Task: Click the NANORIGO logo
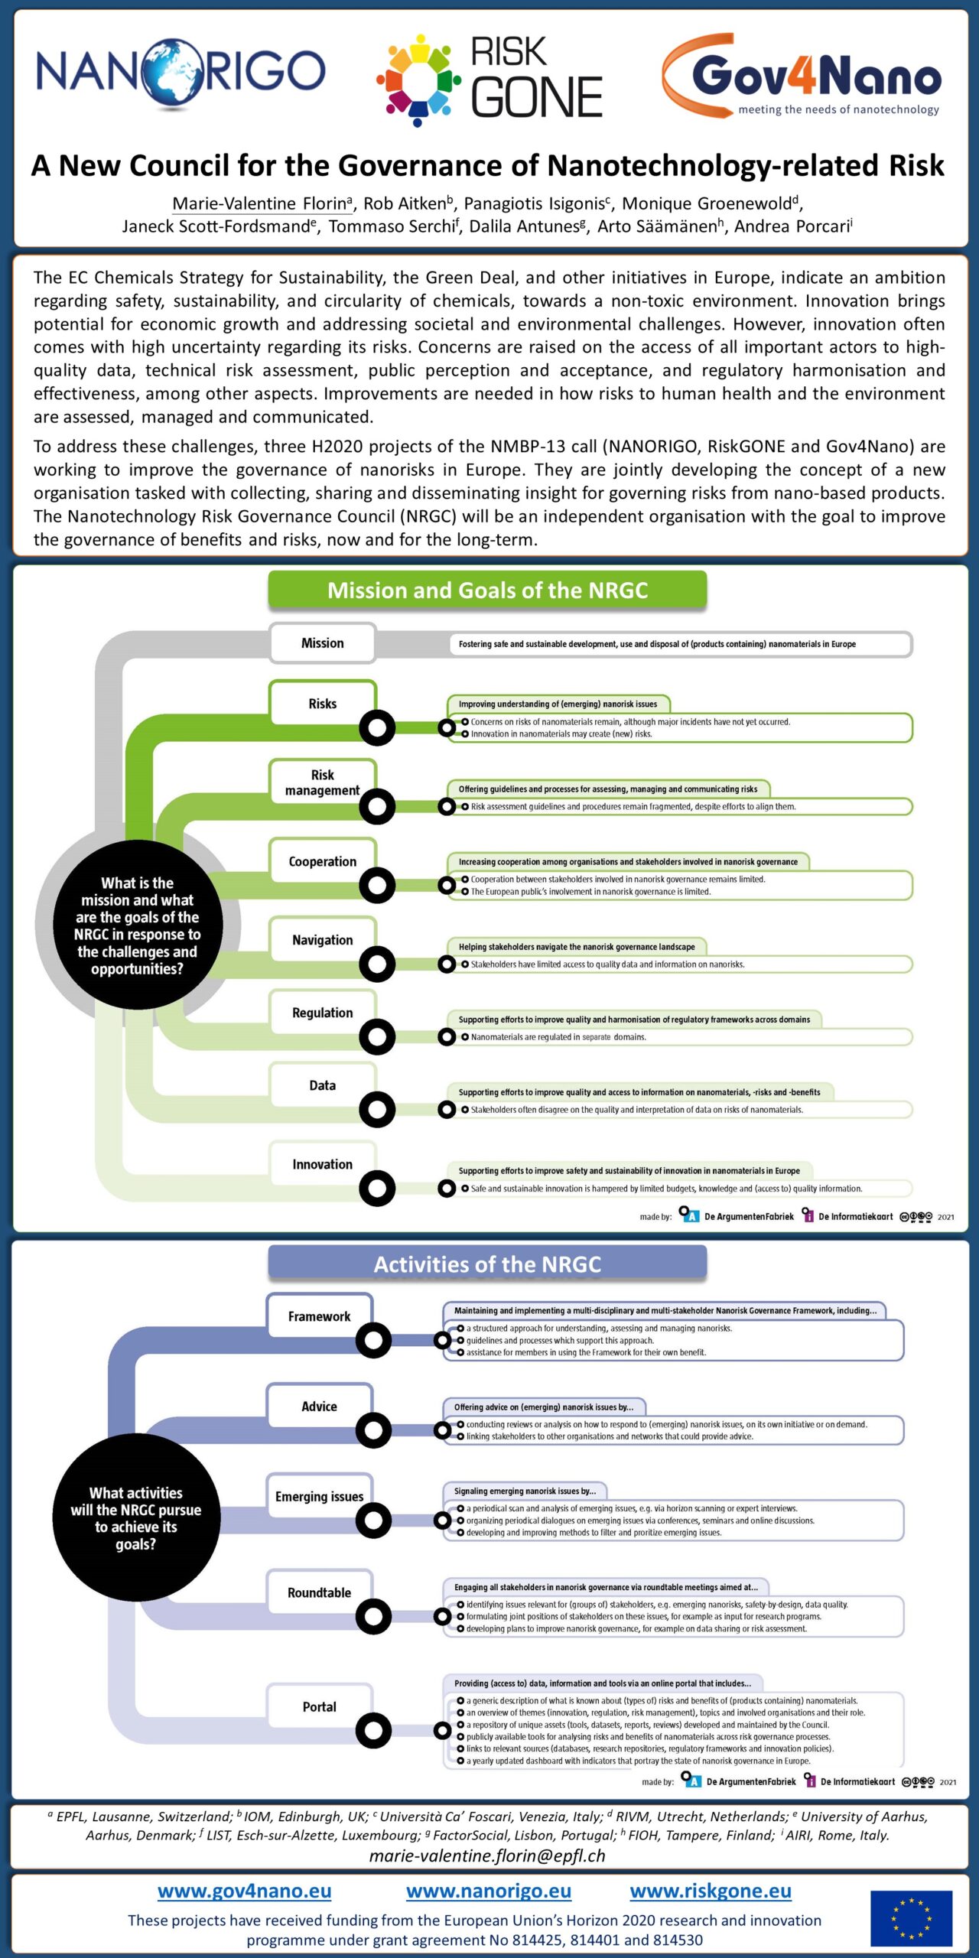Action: [181, 73]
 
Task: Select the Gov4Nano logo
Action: [802, 75]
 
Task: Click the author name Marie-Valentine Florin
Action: [259, 203]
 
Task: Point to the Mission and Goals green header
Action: [487, 590]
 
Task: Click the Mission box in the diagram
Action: [322, 643]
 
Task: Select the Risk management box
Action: [322, 782]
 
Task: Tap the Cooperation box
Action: [322, 861]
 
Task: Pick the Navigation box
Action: [322, 940]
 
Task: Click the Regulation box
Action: [322, 1013]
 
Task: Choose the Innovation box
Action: [322, 1164]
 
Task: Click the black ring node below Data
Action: [377, 1109]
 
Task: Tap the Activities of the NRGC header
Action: [487, 1264]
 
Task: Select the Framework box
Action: [319, 1316]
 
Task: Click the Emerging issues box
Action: [319, 1496]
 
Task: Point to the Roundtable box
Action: [319, 1592]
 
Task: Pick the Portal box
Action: [319, 1706]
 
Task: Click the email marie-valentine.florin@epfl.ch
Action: [487, 1856]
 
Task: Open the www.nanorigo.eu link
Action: [489, 1891]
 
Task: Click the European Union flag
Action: [911, 1918]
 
